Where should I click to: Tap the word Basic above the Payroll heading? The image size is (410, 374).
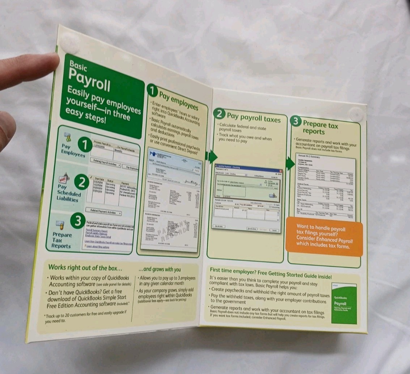(x=78, y=66)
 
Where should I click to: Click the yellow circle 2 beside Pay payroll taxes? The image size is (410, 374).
(x=219, y=114)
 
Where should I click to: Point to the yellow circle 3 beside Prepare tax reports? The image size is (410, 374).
(x=296, y=122)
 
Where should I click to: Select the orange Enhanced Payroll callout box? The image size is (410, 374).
(x=324, y=237)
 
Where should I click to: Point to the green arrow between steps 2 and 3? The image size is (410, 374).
(x=290, y=164)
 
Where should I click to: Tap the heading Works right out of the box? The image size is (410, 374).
(x=85, y=268)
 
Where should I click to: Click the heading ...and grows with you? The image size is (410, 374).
(x=160, y=269)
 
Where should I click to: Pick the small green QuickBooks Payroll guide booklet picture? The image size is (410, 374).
(x=344, y=303)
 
